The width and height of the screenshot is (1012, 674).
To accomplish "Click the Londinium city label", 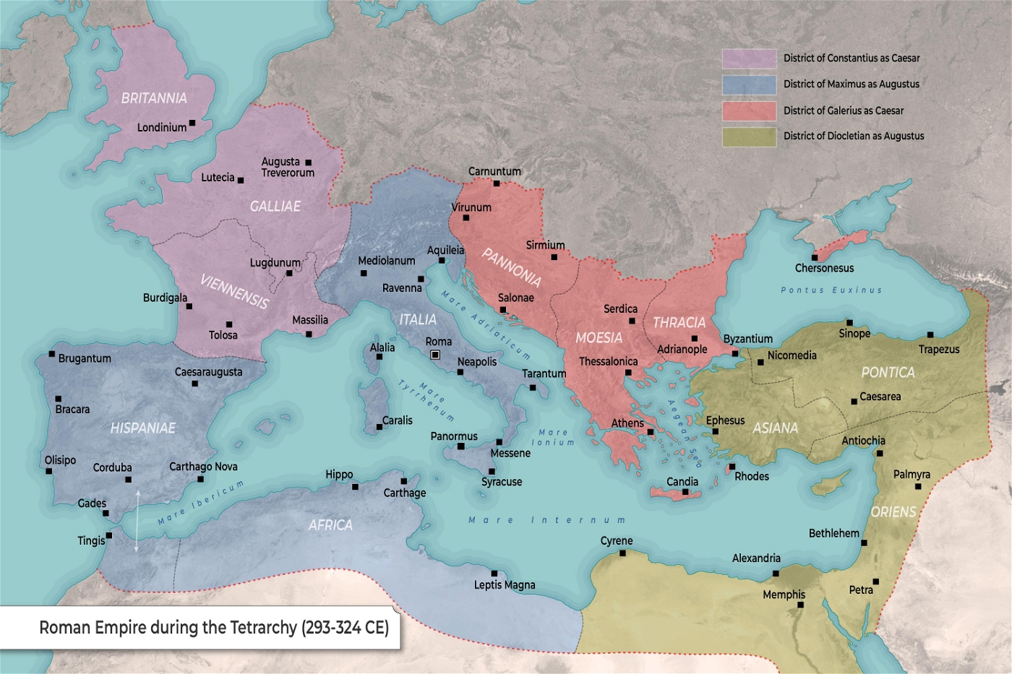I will pos(161,127).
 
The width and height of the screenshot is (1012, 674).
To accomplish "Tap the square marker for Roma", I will pos(435,355).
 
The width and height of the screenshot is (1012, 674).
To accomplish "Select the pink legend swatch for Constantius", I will pos(749,59).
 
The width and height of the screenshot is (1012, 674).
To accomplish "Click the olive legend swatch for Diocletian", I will pos(749,137).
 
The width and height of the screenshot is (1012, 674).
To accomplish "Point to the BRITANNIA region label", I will pos(154,98).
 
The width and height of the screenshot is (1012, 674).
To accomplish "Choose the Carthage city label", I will pos(404,493).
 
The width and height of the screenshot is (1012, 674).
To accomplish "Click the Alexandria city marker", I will pos(776,574).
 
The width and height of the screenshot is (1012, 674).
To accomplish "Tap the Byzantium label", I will pos(747,339).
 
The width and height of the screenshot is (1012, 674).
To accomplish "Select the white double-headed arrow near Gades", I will pos(137,521).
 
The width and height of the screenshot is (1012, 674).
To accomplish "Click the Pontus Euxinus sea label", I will pos(831,290).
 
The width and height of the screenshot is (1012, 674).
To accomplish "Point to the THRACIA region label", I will pos(679,322).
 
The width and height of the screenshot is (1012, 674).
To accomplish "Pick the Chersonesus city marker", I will pos(815,258).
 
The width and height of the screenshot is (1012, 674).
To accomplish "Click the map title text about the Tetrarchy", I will pos(214,627).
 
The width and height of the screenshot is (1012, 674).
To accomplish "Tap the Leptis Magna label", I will pos(505,585).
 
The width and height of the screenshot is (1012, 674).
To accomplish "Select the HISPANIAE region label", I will pos(142,428).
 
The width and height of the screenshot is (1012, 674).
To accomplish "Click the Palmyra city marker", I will pos(918,487).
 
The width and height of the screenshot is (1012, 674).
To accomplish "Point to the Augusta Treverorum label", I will pos(287,167).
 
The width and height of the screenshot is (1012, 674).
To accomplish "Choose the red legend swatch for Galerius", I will pos(749,111).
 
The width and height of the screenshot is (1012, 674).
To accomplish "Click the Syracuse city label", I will pos(502,482).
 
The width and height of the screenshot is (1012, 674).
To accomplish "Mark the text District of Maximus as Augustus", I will pos(852,85).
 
